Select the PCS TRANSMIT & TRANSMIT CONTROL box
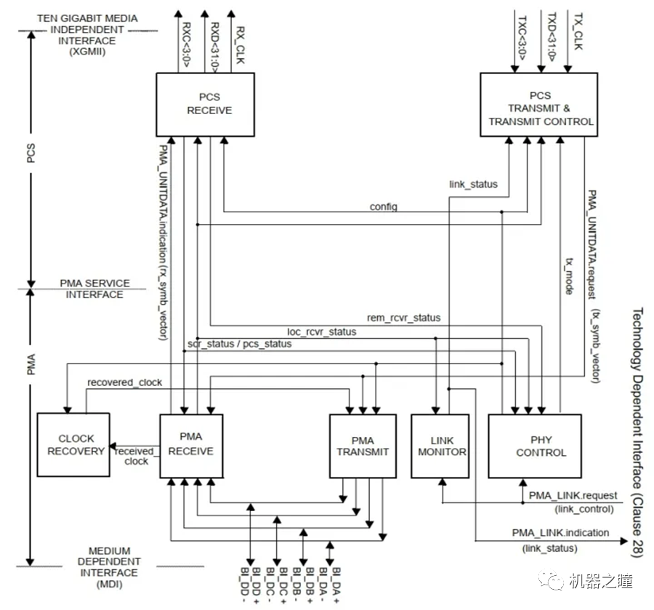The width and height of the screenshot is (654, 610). tap(539, 105)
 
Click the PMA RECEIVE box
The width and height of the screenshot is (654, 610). tap(191, 445)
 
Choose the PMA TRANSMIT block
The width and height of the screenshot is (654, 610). tap(363, 446)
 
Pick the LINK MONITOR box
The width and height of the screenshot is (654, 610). tap(440, 446)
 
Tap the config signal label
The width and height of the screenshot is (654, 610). tap(383, 206)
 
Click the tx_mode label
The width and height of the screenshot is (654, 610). tap(570, 274)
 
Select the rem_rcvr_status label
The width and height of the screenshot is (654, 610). tap(403, 317)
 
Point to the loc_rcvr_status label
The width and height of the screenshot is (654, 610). tap(322, 332)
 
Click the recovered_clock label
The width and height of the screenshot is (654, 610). tap(124, 382)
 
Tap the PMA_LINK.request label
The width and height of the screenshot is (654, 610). tap(573, 495)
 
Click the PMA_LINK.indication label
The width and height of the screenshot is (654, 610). tap(560, 533)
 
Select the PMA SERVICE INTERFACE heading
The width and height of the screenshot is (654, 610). tap(94, 289)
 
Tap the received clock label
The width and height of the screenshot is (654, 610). tap(136, 455)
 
